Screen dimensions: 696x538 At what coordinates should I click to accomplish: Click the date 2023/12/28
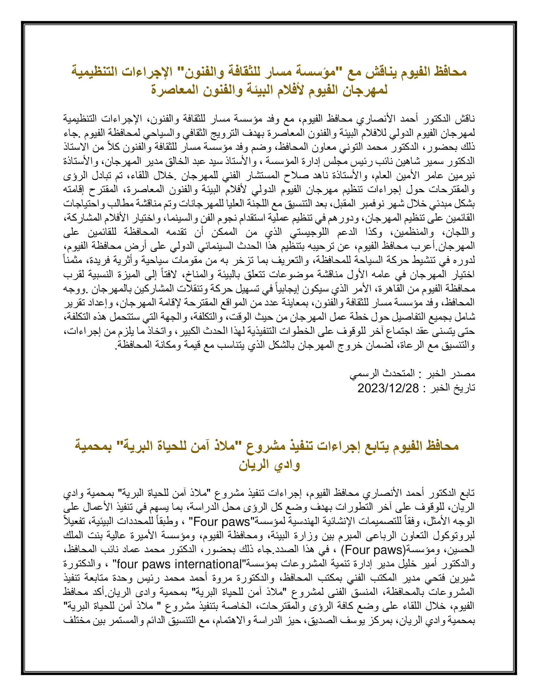[x=388, y=388]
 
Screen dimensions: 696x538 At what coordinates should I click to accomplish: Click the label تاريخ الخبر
[x=453, y=388]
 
